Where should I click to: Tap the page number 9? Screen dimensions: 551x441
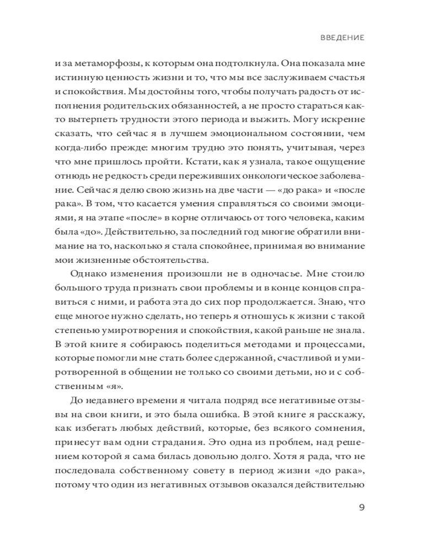(x=362, y=507)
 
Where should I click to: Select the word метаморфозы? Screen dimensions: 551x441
(x=105, y=64)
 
